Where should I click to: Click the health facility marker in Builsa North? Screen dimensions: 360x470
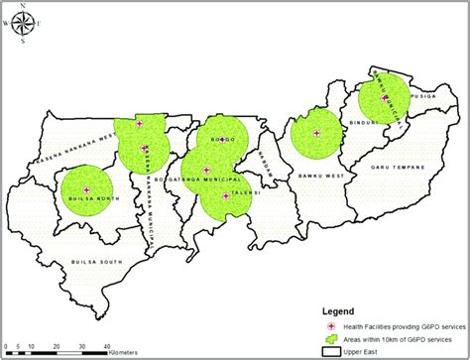pos(86,188)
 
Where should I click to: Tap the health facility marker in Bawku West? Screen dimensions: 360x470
pos(315,133)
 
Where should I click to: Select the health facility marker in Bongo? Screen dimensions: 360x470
pos(222,139)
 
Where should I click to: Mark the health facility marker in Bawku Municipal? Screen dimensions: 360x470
pos(385,97)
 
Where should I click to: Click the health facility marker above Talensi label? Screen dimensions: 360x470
pos(227,196)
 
